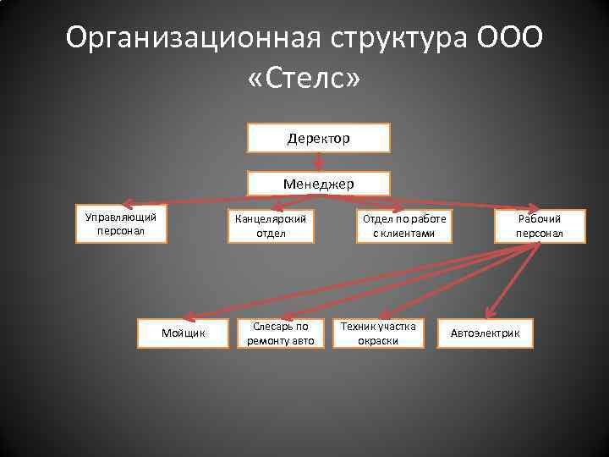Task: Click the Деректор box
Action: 318,138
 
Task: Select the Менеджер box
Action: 318,184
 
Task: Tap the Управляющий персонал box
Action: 121,223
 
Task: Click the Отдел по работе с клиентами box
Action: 403,226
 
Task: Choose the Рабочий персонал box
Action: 539,226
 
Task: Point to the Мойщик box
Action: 184,333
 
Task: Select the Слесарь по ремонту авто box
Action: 280,333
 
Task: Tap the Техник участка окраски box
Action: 377,333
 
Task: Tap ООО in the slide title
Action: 510,38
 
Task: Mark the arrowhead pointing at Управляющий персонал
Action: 124,204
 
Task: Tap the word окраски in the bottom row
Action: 377,341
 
